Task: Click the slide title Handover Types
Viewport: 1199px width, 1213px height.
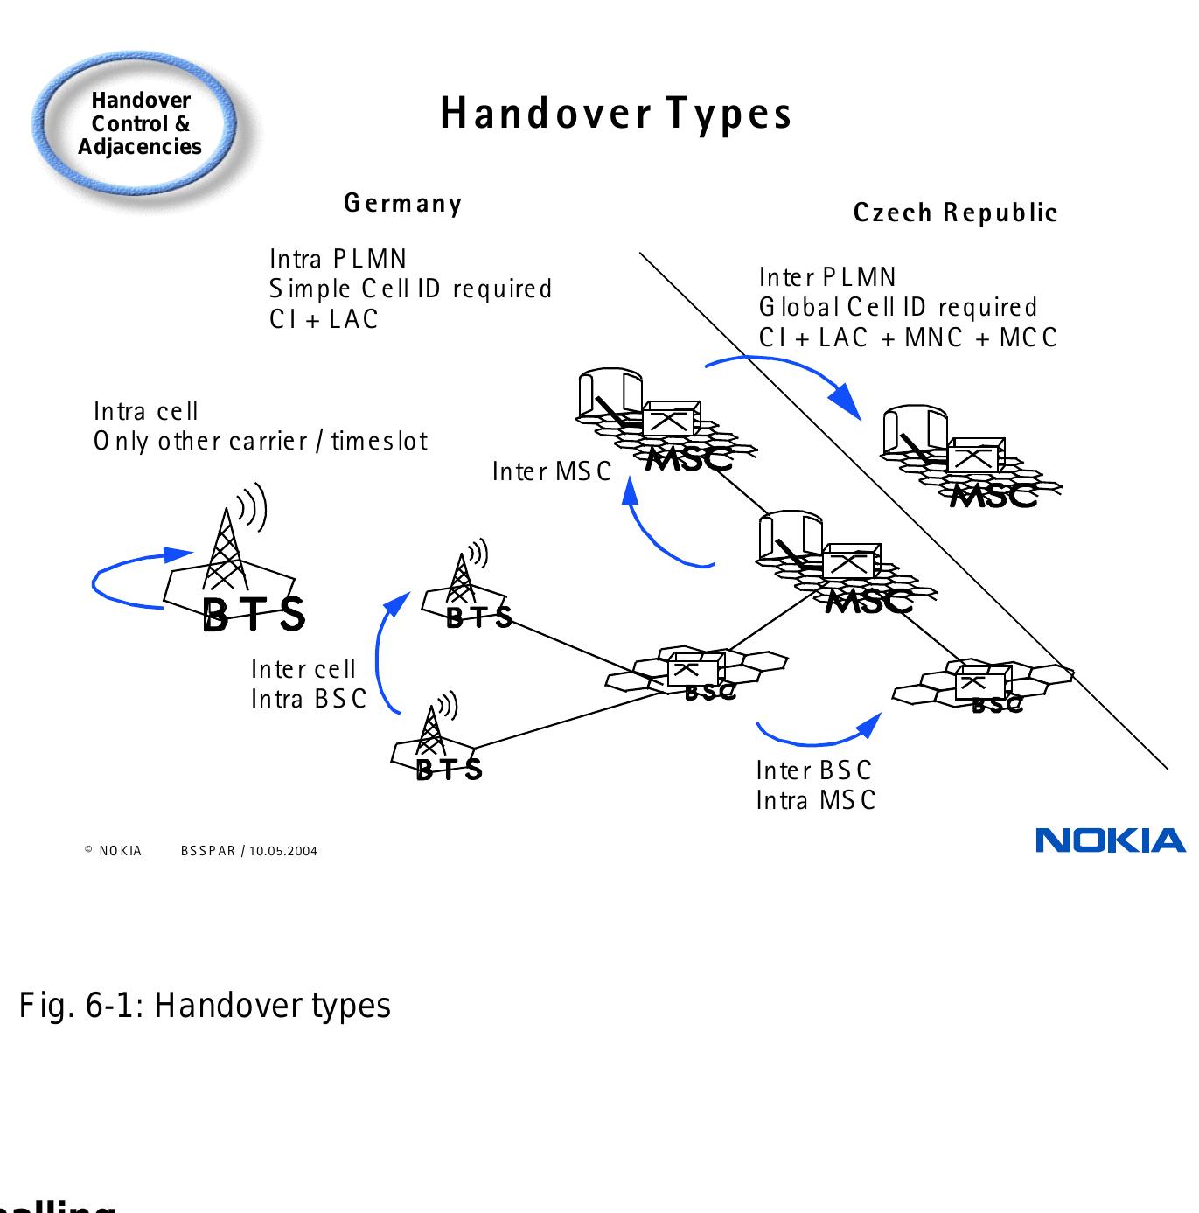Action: coord(615,114)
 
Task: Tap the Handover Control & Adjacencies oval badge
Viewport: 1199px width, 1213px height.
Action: coord(140,123)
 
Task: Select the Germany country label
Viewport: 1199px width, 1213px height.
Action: coord(402,203)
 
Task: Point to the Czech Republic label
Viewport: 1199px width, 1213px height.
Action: coord(955,213)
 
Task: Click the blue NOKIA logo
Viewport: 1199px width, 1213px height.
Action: coord(1110,841)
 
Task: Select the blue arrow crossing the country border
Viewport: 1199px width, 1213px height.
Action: coord(787,372)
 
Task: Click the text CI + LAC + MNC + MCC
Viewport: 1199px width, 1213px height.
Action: coord(908,338)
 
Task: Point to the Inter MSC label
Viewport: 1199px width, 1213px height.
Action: coord(552,472)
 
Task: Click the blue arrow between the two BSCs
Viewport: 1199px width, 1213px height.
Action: coord(818,735)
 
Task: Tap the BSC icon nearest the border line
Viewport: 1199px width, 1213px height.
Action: coord(984,687)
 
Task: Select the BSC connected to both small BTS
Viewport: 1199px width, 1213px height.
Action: coord(697,672)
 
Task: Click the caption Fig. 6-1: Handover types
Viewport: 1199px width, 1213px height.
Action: coord(205,1006)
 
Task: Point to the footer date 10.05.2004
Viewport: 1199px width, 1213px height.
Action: coord(283,851)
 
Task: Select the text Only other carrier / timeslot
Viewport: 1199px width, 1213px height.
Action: coord(260,441)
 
